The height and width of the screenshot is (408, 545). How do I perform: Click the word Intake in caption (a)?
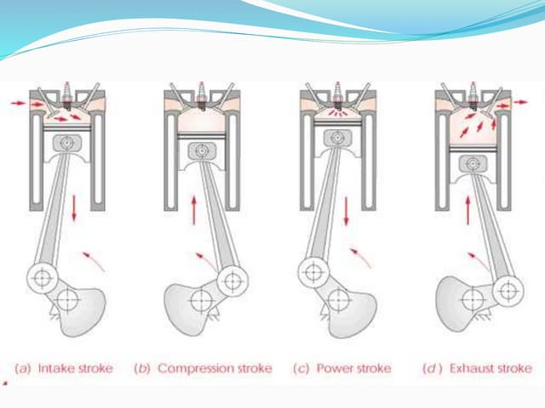coord(57,368)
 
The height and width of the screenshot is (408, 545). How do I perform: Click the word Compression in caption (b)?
coord(189,368)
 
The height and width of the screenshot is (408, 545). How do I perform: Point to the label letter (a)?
coord(25,368)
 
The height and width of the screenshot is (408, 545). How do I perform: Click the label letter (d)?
coord(431,368)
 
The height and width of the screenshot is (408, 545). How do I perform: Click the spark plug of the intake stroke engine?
coord(65,89)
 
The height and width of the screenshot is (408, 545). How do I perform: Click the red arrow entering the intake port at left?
coord(17,103)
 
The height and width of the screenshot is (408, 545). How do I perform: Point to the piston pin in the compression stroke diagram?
coord(201,151)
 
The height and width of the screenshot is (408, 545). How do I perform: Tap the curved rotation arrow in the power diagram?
coord(364,257)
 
